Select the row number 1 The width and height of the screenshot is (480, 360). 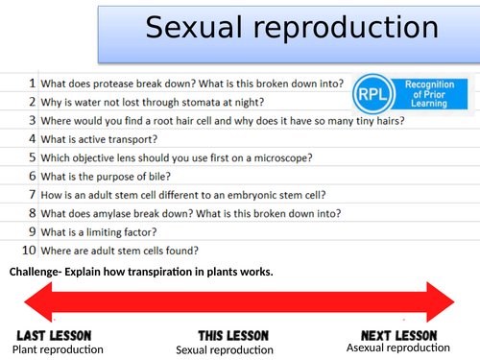32,84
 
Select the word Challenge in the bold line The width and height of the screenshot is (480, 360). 35,273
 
